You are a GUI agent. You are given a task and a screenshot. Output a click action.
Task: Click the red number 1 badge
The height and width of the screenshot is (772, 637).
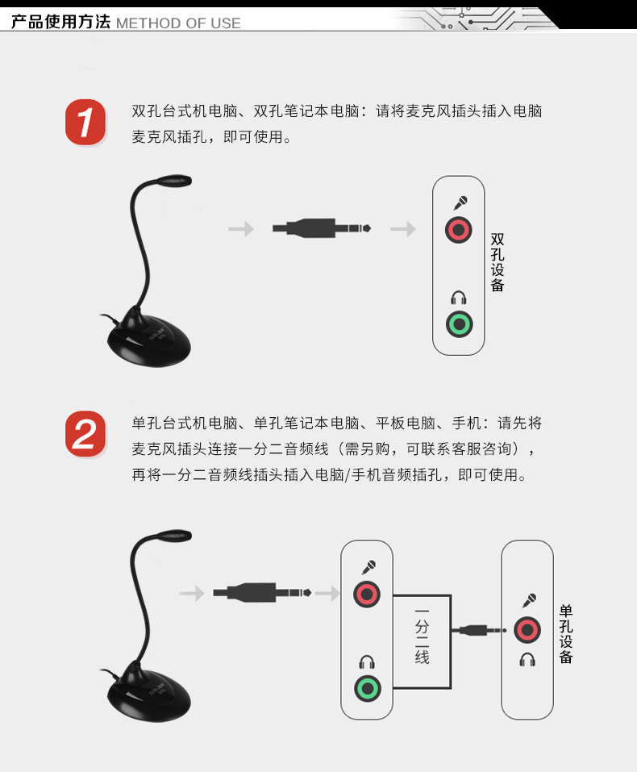[x=85, y=122]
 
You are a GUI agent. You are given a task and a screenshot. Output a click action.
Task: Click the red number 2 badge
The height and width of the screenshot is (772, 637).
[x=85, y=434]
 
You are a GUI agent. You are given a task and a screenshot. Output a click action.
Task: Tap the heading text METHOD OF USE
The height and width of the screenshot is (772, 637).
[x=178, y=23]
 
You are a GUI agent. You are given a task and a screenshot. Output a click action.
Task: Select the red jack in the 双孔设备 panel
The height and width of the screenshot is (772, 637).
[x=458, y=230]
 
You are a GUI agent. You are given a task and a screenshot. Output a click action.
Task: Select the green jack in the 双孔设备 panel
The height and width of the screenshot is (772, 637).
[x=459, y=324]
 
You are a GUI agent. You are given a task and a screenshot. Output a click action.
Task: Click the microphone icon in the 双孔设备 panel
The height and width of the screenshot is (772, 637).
[x=460, y=202]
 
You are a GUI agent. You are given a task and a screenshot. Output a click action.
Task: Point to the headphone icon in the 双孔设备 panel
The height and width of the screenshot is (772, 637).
[x=459, y=298]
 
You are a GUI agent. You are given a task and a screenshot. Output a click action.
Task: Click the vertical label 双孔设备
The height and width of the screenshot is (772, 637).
[x=498, y=262]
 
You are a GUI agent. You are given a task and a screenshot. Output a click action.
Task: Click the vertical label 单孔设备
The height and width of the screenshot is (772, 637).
[x=566, y=634]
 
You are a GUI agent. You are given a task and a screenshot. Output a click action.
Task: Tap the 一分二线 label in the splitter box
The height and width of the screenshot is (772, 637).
[x=422, y=636]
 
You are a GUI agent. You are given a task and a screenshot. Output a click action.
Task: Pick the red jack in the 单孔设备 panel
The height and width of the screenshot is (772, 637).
[x=527, y=630]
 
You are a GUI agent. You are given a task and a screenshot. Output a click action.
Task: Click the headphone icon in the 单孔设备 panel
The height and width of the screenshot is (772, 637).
[x=527, y=659]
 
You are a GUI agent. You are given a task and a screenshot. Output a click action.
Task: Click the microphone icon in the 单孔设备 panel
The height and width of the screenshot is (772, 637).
[x=529, y=601]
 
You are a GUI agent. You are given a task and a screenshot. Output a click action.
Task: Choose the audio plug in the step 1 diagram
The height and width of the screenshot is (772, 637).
[x=322, y=228]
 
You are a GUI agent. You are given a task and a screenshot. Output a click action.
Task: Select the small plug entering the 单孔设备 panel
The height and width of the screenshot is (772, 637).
[x=480, y=630]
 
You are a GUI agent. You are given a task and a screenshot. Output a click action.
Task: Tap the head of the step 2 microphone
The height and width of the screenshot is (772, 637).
[x=174, y=536]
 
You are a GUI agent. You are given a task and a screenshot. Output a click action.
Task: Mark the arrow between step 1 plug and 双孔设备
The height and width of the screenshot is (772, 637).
[x=403, y=228]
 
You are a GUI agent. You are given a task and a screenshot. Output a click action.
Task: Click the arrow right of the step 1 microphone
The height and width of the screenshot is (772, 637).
[x=241, y=228]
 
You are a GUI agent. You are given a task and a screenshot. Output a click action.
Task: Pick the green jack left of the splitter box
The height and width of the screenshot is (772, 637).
[x=367, y=688]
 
